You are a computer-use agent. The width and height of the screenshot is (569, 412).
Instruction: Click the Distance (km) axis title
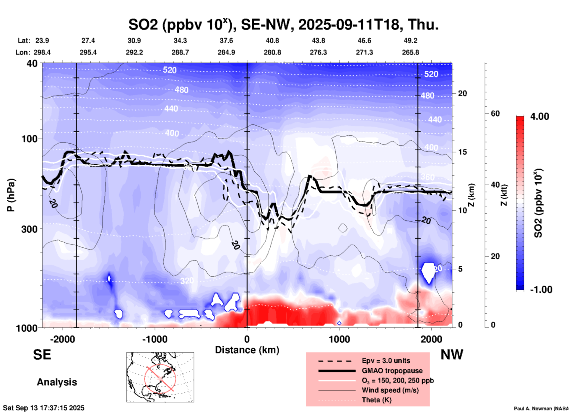[x=247, y=350]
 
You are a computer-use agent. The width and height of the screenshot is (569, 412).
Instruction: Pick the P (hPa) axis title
[x=11, y=195]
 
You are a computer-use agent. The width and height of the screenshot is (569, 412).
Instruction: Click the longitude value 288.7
[x=180, y=52]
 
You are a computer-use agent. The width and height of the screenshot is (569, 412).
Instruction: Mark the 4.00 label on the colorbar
[x=539, y=116]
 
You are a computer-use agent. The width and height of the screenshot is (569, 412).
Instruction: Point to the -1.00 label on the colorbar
[x=541, y=290]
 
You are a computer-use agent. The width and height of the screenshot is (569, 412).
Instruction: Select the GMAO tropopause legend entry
[x=392, y=371]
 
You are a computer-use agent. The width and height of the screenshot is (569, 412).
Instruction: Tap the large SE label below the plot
[x=42, y=355]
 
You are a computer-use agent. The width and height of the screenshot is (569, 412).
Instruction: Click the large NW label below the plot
[x=452, y=355]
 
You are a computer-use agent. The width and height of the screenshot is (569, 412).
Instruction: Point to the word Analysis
[x=57, y=382]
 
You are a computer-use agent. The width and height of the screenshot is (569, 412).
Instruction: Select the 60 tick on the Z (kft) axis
[x=495, y=113]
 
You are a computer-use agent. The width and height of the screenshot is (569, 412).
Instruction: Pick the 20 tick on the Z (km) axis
[x=462, y=93]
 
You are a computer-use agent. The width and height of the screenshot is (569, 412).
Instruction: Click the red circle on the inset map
[x=160, y=378]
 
